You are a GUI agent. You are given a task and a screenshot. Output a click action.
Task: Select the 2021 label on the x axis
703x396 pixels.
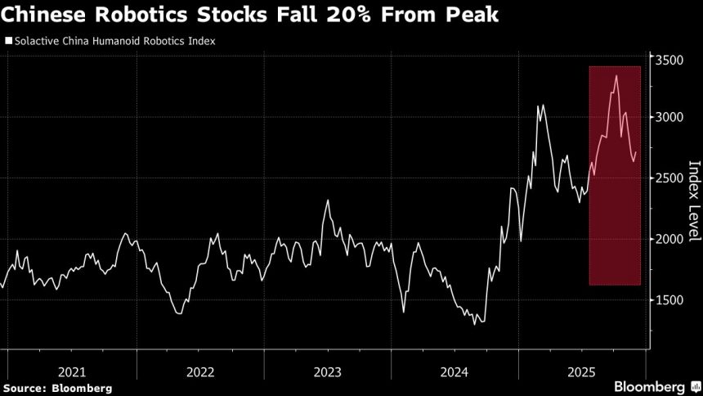tap(72, 371)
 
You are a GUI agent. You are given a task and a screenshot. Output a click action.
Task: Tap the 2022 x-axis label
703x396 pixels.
tap(200, 371)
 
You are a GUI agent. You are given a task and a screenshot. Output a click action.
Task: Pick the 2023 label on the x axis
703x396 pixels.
tap(328, 371)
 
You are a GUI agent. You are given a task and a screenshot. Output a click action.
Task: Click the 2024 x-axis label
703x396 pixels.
tap(455, 371)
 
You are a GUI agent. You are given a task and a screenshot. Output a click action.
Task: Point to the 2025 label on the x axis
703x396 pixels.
tap(583, 371)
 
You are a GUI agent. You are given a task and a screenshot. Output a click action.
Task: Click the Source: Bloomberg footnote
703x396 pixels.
tap(56, 387)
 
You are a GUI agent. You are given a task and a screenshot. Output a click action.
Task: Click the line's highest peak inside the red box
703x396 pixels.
tap(616, 75)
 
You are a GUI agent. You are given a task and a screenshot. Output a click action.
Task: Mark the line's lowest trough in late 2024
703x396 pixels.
tap(475, 324)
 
